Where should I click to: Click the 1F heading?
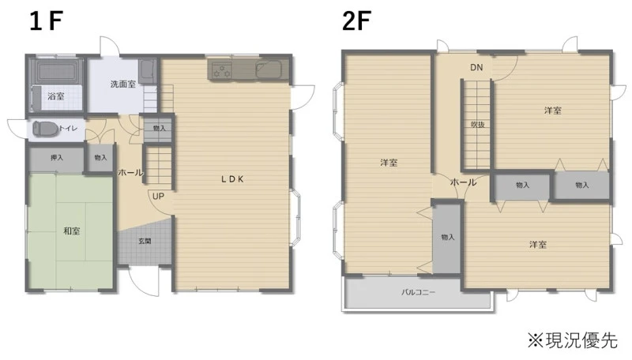[x=46, y=21]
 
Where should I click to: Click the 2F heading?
[x=356, y=21]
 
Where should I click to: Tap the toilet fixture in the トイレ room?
[x=42, y=129]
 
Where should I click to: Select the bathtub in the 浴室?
[x=56, y=71]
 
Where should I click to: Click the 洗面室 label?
[x=123, y=84]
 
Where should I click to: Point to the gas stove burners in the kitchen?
[x=221, y=70]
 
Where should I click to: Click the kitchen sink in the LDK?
[x=269, y=70]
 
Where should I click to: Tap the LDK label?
[x=232, y=179]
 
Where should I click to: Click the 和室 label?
[x=72, y=231]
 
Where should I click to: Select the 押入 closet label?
[x=56, y=157]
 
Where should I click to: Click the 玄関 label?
[x=145, y=242]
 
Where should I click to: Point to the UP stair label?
[x=158, y=196]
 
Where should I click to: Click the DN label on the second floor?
[x=476, y=67]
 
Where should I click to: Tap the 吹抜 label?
[x=477, y=125]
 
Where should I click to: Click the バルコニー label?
[x=418, y=292]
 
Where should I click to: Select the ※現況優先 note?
[x=572, y=340]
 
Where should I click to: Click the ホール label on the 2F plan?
[x=463, y=182]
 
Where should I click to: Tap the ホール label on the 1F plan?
[x=130, y=173]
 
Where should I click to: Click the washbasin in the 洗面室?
[x=148, y=71]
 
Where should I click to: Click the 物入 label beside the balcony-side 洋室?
[x=447, y=237]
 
